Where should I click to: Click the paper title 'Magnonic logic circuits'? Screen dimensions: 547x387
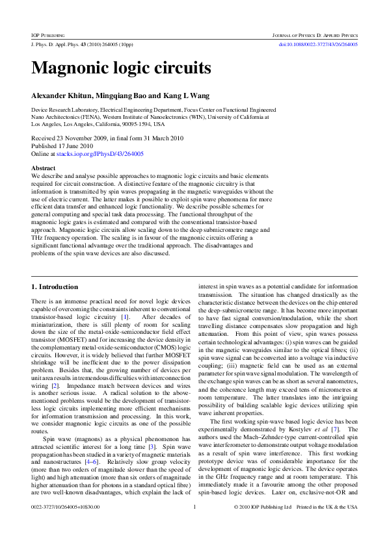121,68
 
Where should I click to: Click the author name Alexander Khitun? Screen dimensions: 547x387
62,95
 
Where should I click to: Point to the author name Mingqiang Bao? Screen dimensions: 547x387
122,95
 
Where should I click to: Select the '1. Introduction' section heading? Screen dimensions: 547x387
55,286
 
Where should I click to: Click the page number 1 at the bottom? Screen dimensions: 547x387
194,524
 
